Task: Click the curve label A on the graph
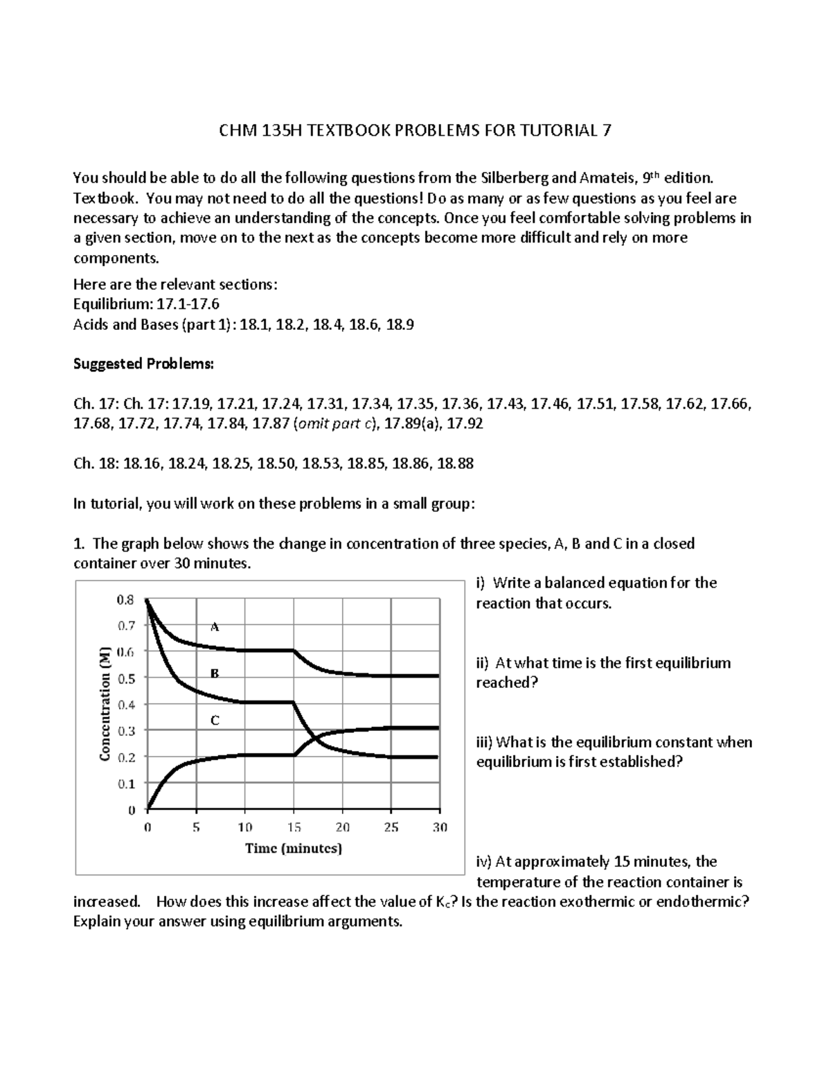pyautogui.click(x=215, y=627)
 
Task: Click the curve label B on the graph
pyautogui.click(x=215, y=673)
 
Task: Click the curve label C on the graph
pyautogui.click(x=215, y=721)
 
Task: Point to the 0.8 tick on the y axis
pyautogui.click(x=125, y=600)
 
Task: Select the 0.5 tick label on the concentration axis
pyautogui.click(x=125, y=678)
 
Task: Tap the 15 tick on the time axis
pyautogui.click(x=294, y=827)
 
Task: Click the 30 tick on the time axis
pyautogui.click(x=440, y=827)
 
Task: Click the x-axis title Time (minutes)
pyautogui.click(x=294, y=849)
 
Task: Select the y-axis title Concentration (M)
pyautogui.click(x=105, y=704)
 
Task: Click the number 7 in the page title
pyautogui.click(x=607, y=130)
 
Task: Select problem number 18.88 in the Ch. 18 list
pyautogui.click(x=455, y=464)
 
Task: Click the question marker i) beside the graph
pyautogui.click(x=481, y=583)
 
